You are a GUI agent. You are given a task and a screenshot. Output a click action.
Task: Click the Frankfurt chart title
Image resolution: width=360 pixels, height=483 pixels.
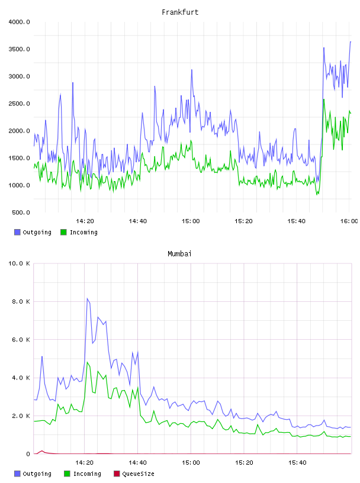180,12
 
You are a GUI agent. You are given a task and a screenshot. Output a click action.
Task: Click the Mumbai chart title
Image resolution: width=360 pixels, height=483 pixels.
179,254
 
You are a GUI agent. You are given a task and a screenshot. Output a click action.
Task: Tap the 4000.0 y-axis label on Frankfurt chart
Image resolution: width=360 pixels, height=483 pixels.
19,22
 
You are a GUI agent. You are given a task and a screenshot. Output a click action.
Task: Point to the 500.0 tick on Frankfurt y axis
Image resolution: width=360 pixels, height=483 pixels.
21,212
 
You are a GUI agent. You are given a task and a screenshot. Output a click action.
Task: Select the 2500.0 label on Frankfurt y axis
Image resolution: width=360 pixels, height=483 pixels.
19,104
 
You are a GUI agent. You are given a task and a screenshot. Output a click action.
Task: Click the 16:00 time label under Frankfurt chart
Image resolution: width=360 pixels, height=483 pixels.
349,221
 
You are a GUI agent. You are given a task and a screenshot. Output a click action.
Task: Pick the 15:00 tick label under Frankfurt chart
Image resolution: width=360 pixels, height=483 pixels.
191,221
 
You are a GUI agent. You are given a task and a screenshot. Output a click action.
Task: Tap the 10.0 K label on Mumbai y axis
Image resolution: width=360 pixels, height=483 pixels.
19,263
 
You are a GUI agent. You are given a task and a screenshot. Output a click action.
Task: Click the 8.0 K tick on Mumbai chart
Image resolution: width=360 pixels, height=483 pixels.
21,301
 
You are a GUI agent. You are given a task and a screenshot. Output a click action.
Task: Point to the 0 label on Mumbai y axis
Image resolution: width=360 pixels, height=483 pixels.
28,454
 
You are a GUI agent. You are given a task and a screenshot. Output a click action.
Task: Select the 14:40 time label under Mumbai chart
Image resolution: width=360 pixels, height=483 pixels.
137,463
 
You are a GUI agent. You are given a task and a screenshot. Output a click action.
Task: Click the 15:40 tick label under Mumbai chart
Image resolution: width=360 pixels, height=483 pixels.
297,463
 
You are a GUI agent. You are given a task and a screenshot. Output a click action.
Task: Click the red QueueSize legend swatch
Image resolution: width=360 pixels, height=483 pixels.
117,474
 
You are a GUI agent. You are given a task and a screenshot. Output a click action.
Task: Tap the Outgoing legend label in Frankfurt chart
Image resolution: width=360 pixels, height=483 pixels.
37,232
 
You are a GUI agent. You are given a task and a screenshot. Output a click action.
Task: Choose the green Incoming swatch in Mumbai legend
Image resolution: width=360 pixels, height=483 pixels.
67,474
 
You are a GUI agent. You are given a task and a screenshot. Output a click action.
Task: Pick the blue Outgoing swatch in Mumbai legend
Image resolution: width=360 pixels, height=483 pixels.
17,474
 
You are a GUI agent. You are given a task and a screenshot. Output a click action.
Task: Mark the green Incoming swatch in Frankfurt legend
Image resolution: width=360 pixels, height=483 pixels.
63,232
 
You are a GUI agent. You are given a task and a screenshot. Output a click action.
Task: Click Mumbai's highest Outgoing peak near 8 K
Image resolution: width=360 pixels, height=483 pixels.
87,298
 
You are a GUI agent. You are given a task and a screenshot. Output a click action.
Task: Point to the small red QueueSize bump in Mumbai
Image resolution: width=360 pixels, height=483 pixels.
42,451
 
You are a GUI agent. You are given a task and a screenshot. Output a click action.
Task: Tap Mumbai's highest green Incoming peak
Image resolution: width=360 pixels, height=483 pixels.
87,362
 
